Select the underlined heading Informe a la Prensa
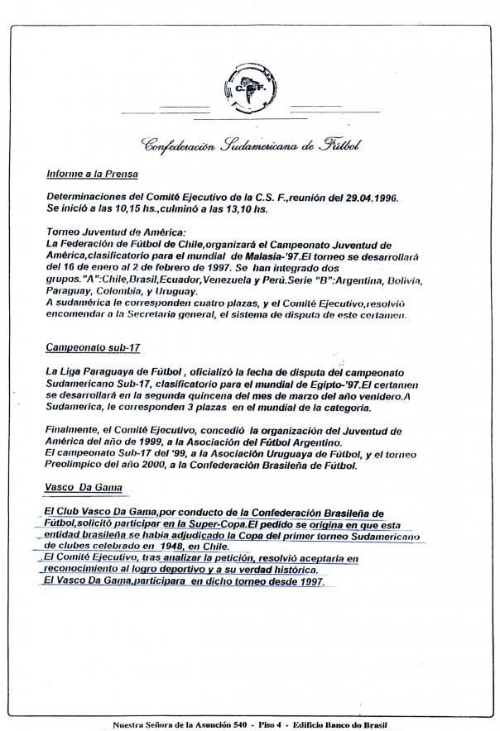[92, 174]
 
